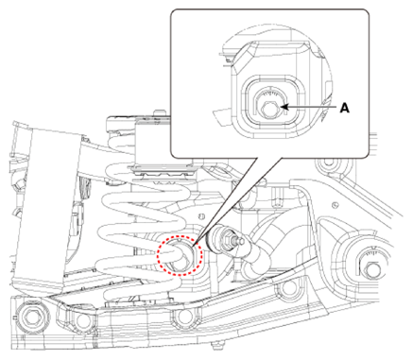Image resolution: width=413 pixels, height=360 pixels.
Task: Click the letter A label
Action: pos(345,109)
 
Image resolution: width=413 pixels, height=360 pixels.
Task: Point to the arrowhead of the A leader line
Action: pos(284,108)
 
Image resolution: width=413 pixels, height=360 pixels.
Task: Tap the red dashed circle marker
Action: pos(180,255)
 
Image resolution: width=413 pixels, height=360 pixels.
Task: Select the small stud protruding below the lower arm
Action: pos(217,346)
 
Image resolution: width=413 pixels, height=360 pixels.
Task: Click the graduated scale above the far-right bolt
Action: pos(371,252)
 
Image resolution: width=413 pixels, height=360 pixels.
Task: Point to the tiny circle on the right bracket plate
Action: pos(336,205)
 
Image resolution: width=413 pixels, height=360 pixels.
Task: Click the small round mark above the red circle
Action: pos(202,216)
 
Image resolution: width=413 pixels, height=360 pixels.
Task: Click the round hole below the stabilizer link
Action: pos(287,290)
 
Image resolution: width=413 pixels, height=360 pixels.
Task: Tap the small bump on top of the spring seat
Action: pos(160,112)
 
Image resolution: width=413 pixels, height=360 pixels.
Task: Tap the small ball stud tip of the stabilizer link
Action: pos(241,241)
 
